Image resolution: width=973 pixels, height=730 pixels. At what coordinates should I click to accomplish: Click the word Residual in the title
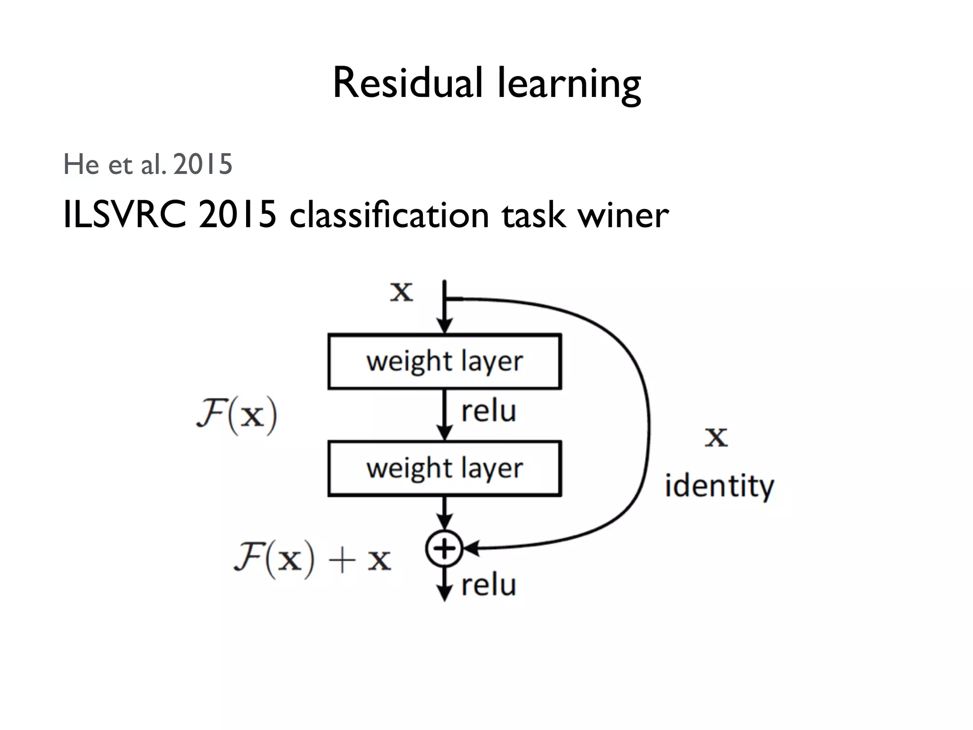pyautogui.click(x=408, y=83)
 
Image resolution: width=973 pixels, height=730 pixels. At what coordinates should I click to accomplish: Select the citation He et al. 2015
pyautogui.click(x=148, y=164)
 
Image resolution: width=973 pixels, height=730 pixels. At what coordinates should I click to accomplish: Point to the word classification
pyautogui.click(x=389, y=215)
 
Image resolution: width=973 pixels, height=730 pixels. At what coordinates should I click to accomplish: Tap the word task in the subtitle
pyautogui.click(x=534, y=215)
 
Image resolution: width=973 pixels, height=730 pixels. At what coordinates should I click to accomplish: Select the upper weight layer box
pyautogui.click(x=445, y=362)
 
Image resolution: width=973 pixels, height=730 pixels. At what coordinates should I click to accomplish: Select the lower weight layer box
pyautogui.click(x=445, y=469)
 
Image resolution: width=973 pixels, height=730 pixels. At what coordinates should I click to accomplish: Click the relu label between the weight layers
pyautogui.click(x=488, y=411)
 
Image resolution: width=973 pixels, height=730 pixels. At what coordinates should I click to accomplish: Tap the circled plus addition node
pyautogui.click(x=444, y=549)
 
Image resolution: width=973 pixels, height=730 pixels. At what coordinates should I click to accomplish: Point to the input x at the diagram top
pyautogui.click(x=401, y=291)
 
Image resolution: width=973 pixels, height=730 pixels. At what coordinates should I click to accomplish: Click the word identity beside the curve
pyautogui.click(x=719, y=486)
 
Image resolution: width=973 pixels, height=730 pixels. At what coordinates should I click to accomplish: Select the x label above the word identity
pyautogui.click(x=716, y=437)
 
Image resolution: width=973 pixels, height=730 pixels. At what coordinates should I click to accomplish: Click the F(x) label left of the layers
pyautogui.click(x=237, y=415)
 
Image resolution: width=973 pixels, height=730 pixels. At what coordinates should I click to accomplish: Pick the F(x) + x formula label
pyautogui.click(x=312, y=559)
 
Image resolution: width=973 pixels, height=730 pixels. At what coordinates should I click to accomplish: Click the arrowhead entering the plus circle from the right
pyautogui.click(x=471, y=549)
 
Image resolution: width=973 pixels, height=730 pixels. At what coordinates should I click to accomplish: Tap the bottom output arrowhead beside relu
pyautogui.click(x=444, y=594)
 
